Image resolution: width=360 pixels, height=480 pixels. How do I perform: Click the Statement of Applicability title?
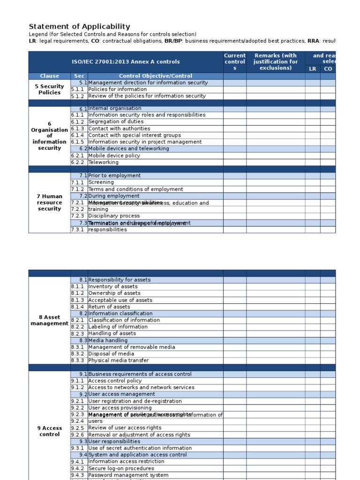[80, 27]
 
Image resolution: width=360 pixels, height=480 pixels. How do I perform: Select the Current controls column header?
[235, 62]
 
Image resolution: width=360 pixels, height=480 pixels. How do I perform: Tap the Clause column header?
[50, 76]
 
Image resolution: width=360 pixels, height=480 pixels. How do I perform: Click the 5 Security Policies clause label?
[50, 90]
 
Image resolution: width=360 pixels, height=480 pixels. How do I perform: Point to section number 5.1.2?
[78, 96]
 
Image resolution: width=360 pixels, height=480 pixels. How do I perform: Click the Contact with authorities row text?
[119, 128]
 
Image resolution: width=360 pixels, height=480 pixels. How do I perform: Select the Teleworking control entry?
[104, 163]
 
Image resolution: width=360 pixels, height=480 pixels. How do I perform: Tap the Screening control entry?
[101, 182]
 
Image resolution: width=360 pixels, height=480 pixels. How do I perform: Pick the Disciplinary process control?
[114, 216]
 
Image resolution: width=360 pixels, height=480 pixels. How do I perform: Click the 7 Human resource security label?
[50, 202]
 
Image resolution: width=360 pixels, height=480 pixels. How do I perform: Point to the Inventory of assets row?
[113, 286]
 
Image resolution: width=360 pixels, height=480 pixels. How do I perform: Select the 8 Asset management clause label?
[50, 320]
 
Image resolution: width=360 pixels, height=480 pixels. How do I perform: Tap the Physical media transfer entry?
[119, 360]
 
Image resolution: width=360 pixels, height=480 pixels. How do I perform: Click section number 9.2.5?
[78, 428]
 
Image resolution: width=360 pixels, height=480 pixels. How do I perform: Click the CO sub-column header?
[328, 69]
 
